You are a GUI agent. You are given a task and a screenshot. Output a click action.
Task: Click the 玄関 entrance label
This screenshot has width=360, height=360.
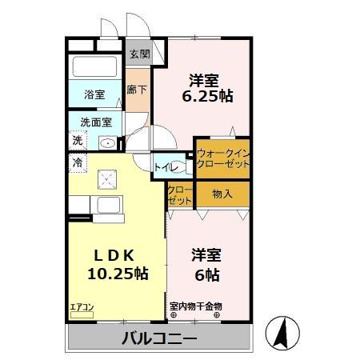[x=139, y=55]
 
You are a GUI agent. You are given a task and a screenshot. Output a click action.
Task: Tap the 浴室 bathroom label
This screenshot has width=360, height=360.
[x=94, y=94]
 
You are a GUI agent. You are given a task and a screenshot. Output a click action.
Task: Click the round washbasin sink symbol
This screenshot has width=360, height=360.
[x=108, y=142]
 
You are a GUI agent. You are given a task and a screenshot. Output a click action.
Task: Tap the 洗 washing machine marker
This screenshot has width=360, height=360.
[x=78, y=141]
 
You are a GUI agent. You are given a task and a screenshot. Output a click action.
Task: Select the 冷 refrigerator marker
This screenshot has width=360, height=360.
[x=78, y=162]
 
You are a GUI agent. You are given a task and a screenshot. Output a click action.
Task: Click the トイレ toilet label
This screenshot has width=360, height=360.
[x=166, y=167]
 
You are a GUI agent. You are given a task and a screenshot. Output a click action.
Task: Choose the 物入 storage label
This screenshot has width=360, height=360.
[x=222, y=193]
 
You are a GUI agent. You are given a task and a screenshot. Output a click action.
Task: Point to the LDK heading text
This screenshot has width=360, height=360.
[x=116, y=255]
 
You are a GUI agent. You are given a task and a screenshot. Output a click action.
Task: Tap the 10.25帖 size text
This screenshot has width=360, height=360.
[x=117, y=274]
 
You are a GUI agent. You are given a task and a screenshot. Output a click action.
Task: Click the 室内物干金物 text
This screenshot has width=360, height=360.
[x=196, y=306]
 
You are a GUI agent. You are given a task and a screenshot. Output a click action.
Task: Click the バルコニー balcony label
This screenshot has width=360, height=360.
[x=159, y=338]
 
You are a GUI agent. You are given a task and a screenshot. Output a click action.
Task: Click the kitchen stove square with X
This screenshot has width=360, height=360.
[x=106, y=179]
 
